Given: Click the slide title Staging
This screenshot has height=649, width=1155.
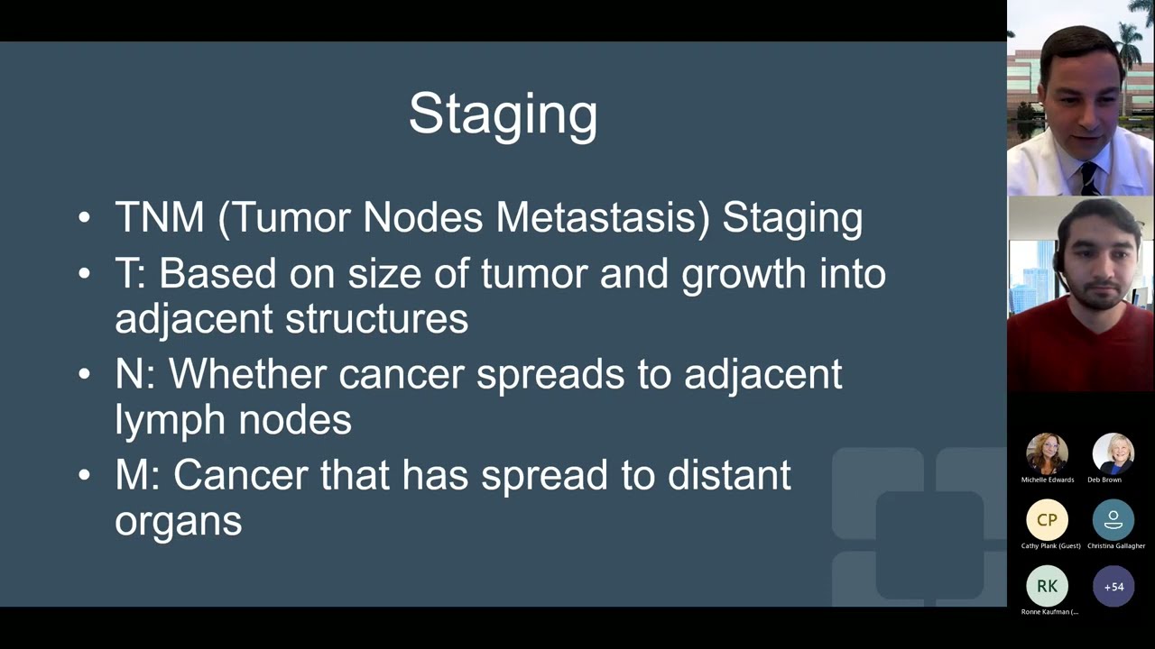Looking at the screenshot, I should coord(503,114).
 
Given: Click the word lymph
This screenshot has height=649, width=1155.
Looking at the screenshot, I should coord(169,420).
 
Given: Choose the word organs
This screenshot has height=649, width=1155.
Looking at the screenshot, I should coord(178,522).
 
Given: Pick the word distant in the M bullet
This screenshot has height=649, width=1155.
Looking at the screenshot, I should coord(728,476).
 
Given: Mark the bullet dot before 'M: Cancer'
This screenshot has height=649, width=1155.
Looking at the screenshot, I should coord(84,476).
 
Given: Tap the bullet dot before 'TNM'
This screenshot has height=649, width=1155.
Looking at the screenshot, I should coord(84,218).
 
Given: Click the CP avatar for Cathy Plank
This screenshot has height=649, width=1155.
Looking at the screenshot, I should coord(1047,520).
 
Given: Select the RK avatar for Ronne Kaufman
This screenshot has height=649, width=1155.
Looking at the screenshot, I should coord(1047,586).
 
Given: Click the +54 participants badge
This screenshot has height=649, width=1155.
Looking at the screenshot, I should coord(1113,586).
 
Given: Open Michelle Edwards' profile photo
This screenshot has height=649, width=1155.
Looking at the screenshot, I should coord(1047,453).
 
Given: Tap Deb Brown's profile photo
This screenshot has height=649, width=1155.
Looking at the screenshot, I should coord(1113,453).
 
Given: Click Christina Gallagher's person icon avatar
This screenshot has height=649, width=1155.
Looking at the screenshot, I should coord(1113,520).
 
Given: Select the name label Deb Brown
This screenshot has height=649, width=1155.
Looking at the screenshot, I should coord(1104,480).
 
